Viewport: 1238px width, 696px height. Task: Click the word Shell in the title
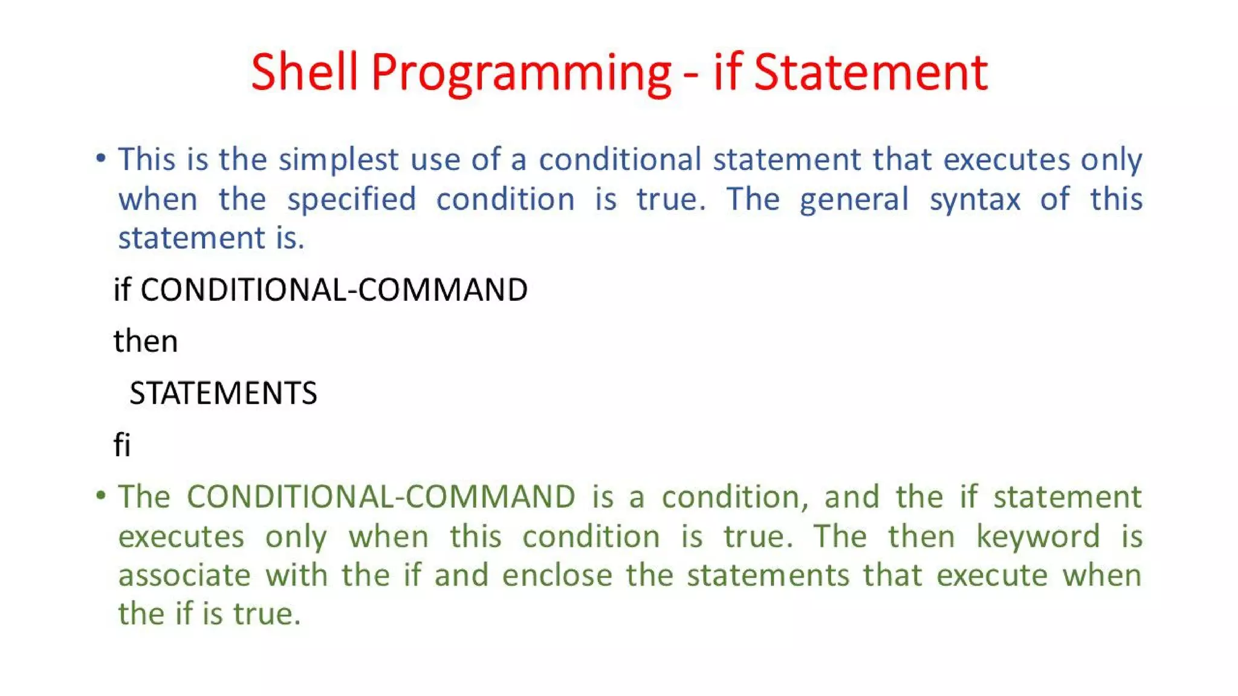click(304, 72)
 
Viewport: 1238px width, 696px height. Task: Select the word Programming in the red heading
click(521, 74)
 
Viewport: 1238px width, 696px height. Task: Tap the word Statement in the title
click(870, 72)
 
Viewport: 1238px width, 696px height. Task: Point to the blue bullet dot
click(101, 159)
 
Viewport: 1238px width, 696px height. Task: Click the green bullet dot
click(101, 496)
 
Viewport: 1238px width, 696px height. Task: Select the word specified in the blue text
click(351, 199)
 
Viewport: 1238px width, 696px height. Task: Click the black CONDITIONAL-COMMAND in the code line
click(334, 289)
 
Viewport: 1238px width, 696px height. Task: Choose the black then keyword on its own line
click(146, 341)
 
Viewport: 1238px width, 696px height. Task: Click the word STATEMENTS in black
click(223, 393)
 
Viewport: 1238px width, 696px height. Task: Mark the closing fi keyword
click(122, 445)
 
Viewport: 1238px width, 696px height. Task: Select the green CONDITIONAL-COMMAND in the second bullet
click(381, 497)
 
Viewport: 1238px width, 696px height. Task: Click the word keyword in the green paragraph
click(1037, 537)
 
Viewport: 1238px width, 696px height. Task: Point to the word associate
click(184, 575)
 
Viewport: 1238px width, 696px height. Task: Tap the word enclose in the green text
click(557, 575)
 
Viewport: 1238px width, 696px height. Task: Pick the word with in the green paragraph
click(296, 575)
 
